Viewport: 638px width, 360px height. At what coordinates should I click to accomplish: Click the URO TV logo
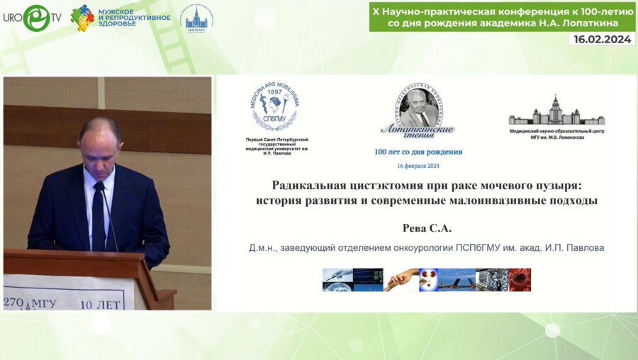(x=31, y=18)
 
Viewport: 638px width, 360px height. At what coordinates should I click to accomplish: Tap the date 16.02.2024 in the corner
(x=600, y=40)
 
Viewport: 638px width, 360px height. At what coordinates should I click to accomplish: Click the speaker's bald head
(x=99, y=135)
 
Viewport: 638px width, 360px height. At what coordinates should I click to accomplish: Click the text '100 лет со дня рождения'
(x=418, y=152)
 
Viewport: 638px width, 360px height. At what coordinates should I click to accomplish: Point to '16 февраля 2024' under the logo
(x=418, y=165)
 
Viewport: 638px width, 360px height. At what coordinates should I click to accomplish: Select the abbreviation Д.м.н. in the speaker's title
(x=263, y=248)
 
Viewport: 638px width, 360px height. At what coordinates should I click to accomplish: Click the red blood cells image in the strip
(x=519, y=279)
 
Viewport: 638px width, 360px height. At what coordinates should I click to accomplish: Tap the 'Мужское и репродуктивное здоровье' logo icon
(x=83, y=17)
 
